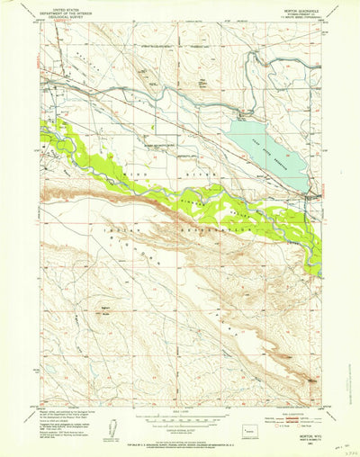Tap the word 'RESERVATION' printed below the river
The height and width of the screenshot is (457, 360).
216,230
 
